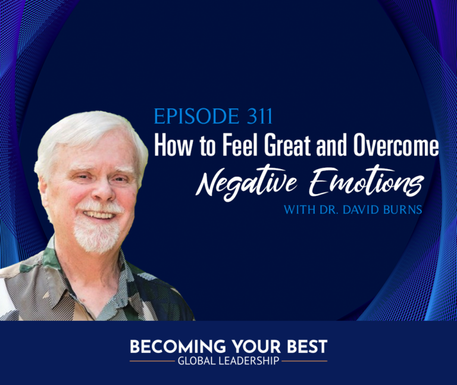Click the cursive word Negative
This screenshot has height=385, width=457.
[246, 184]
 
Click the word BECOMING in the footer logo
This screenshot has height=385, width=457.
[177, 347]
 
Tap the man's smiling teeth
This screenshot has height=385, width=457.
[100, 215]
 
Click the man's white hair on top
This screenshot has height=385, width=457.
[87, 131]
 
